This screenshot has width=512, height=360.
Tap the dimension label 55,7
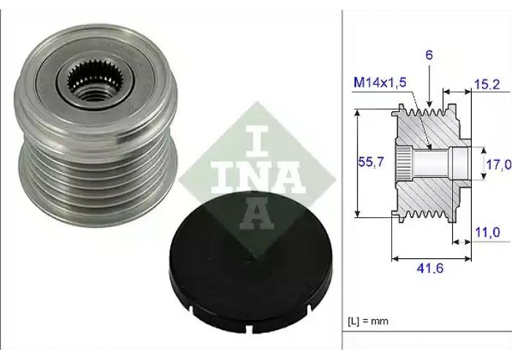click(x=371, y=162)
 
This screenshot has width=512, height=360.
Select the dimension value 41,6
click(x=430, y=269)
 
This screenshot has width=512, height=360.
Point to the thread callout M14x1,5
click(x=380, y=83)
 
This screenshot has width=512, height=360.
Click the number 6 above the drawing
click(x=429, y=55)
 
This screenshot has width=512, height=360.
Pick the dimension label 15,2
click(x=487, y=85)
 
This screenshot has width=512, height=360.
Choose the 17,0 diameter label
click(x=499, y=165)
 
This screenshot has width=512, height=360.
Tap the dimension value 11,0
click(x=487, y=232)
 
